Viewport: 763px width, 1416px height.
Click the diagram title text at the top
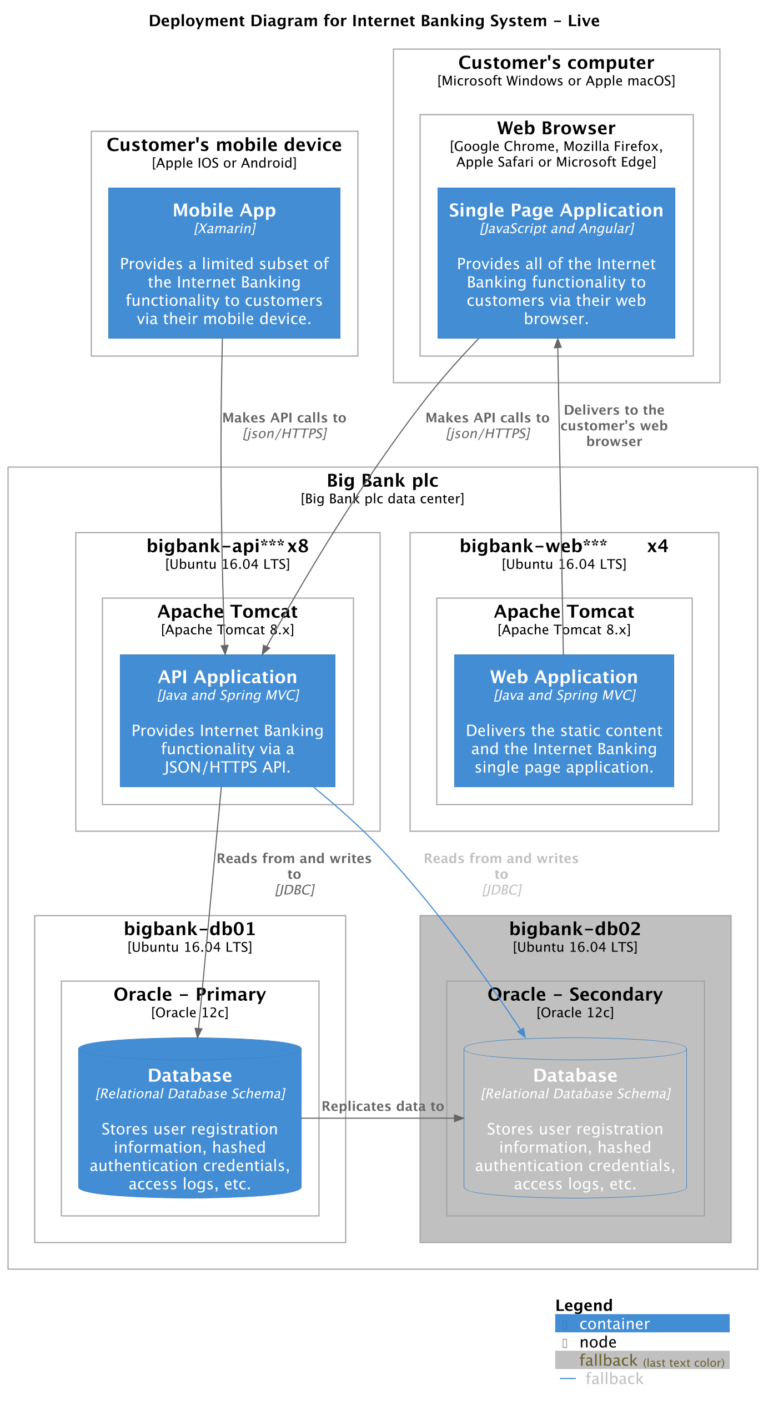tap(374, 21)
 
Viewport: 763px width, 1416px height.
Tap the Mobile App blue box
tap(224, 263)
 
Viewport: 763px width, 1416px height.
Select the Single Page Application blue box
tap(556, 263)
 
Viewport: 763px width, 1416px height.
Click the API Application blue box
tap(227, 720)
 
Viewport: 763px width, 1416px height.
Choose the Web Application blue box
tap(564, 720)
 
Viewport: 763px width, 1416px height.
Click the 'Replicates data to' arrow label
tap(383, 1106)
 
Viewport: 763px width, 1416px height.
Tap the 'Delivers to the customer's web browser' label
tap(614, 425)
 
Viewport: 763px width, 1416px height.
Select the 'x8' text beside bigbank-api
tap(298, 546)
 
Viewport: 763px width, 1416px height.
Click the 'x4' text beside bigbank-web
tap(657, 546)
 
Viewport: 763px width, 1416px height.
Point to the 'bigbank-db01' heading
tap(190, 929)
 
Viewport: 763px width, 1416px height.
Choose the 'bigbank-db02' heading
tap(575, 929)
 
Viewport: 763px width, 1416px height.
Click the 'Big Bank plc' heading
tap(382, 480)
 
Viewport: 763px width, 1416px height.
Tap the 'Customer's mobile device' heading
tap(224, 145)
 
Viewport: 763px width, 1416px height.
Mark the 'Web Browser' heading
tap(556, 128)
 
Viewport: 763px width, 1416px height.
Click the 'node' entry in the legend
tap(598, 1342)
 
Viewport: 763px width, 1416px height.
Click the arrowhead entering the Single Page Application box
tap(558, 344)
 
